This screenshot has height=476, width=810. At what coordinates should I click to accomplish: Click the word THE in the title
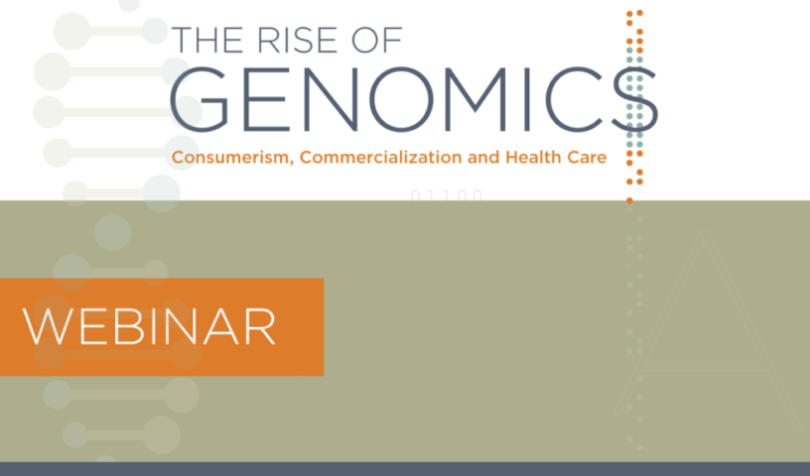[x=209, y=40]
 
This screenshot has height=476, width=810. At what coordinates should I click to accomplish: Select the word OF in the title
[x=376, y=40]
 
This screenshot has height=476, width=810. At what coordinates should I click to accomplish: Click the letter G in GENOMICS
[x=199, y=99]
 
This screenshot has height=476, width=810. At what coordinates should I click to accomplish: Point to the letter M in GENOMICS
[x=475, y=99]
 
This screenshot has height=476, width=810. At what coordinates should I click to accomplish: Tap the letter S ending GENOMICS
[x=634, y=99]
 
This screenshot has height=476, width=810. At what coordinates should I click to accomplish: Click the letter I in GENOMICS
[x=527, y=99]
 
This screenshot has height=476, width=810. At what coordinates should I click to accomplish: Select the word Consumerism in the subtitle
[x=232, y=158]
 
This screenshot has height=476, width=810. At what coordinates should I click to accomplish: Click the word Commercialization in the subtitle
[x=381, y=157]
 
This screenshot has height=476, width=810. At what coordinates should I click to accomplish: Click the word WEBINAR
[x=149, y=327]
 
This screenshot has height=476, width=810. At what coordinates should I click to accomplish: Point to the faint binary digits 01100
[x=447, y=195]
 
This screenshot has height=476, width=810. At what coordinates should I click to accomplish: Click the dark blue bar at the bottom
[x=405, y=469]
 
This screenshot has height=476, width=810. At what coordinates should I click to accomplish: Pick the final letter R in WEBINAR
[x=261, y=327]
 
